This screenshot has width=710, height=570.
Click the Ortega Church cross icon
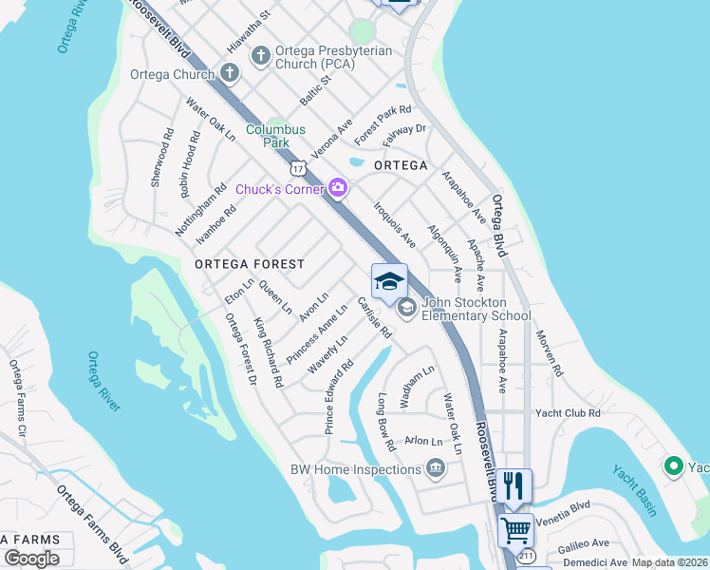point(230,73)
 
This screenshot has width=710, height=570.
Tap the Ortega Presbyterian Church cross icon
point(261,57)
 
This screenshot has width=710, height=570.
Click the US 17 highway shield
point(299,168)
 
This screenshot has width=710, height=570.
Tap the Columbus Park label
point(275,136)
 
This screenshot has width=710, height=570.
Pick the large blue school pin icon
point(389,282)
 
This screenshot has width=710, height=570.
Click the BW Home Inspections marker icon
point(436,467)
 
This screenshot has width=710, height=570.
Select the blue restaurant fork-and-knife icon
point(514,485)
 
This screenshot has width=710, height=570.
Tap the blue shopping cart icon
point(515,529)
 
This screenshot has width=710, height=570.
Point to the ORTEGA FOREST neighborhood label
point(250,264)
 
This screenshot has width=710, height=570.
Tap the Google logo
point(31,558)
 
